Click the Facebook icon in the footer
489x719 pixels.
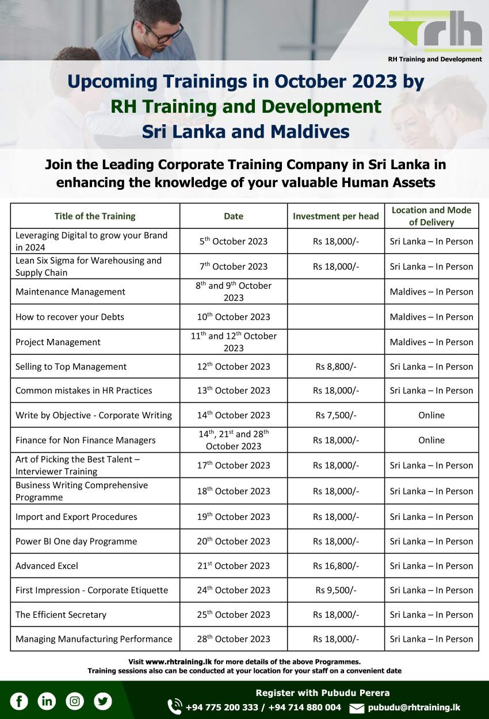(19, 701)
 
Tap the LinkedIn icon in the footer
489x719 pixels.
(47, 701)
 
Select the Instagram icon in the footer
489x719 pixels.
(75, 701)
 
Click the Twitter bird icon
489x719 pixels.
(103, 701)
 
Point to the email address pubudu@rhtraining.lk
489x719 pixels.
(414, 707)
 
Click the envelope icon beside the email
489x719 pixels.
(357, 708)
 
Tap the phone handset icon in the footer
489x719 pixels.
(174, 707)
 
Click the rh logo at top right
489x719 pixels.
(435, 32)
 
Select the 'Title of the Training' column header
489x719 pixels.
(95, 216)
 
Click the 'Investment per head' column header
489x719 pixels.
(336, 216)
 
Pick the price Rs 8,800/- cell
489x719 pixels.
(336, 366)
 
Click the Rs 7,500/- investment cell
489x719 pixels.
(336, 415)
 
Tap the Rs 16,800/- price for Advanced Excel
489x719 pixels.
(336, 565)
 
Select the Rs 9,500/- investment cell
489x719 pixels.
(336, 590)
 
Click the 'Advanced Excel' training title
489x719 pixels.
(47, 565)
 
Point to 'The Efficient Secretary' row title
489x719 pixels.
(61, 614)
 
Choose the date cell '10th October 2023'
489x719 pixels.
(234, 316)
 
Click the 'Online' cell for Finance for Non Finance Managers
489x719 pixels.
(431, 440)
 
